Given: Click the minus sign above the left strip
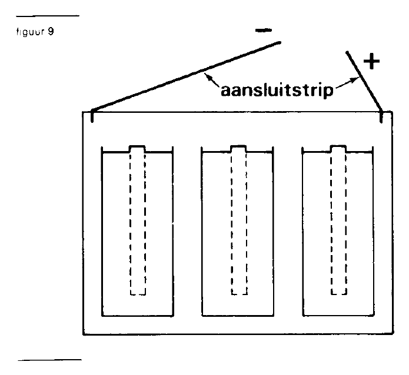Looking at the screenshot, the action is click(x=264, y=31).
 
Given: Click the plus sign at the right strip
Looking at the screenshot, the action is click(x=371, y=62).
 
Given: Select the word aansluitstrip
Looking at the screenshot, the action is click(x=277, y=90).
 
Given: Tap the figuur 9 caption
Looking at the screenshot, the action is click(x=35, y=32).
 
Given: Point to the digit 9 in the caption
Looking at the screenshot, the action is click(x=51, y=32).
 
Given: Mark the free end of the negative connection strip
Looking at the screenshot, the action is click(x=280, y=42).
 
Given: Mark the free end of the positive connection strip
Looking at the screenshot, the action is click(x=347, y=52).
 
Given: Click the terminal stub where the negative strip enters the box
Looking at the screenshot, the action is click(x=92, y=116).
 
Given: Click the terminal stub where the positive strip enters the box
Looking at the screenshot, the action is click(x=381, y=116).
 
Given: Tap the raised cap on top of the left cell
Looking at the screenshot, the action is click(x=137, y=149).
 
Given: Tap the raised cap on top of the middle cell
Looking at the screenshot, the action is click(x=238, y=149).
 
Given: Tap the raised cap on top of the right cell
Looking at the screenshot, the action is click(x=338, y=149).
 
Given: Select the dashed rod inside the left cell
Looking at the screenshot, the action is click(x=138, y=224).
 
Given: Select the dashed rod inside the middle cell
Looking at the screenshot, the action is click(x=239, y=224).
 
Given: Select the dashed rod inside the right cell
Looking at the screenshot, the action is click(x=338, y=224).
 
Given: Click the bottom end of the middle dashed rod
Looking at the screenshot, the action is click(x=239, y=294).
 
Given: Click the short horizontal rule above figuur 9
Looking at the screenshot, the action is click(x=48, y=16).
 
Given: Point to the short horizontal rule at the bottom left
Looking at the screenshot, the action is click(x=49, y=360).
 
